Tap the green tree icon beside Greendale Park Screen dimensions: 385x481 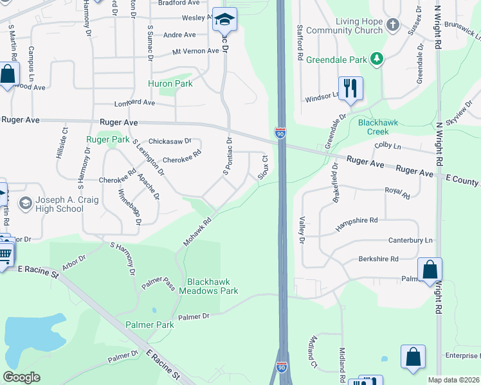377,60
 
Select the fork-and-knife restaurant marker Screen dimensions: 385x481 350,89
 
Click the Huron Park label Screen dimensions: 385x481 170,83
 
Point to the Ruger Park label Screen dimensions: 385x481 108,139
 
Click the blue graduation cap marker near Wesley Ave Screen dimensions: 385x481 224,19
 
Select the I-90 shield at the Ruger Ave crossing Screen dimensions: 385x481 280,133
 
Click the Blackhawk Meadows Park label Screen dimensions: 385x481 212,286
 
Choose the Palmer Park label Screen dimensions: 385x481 150,325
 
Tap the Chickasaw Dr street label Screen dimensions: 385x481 170,141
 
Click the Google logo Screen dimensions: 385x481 21,377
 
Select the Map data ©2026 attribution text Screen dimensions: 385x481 453,380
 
